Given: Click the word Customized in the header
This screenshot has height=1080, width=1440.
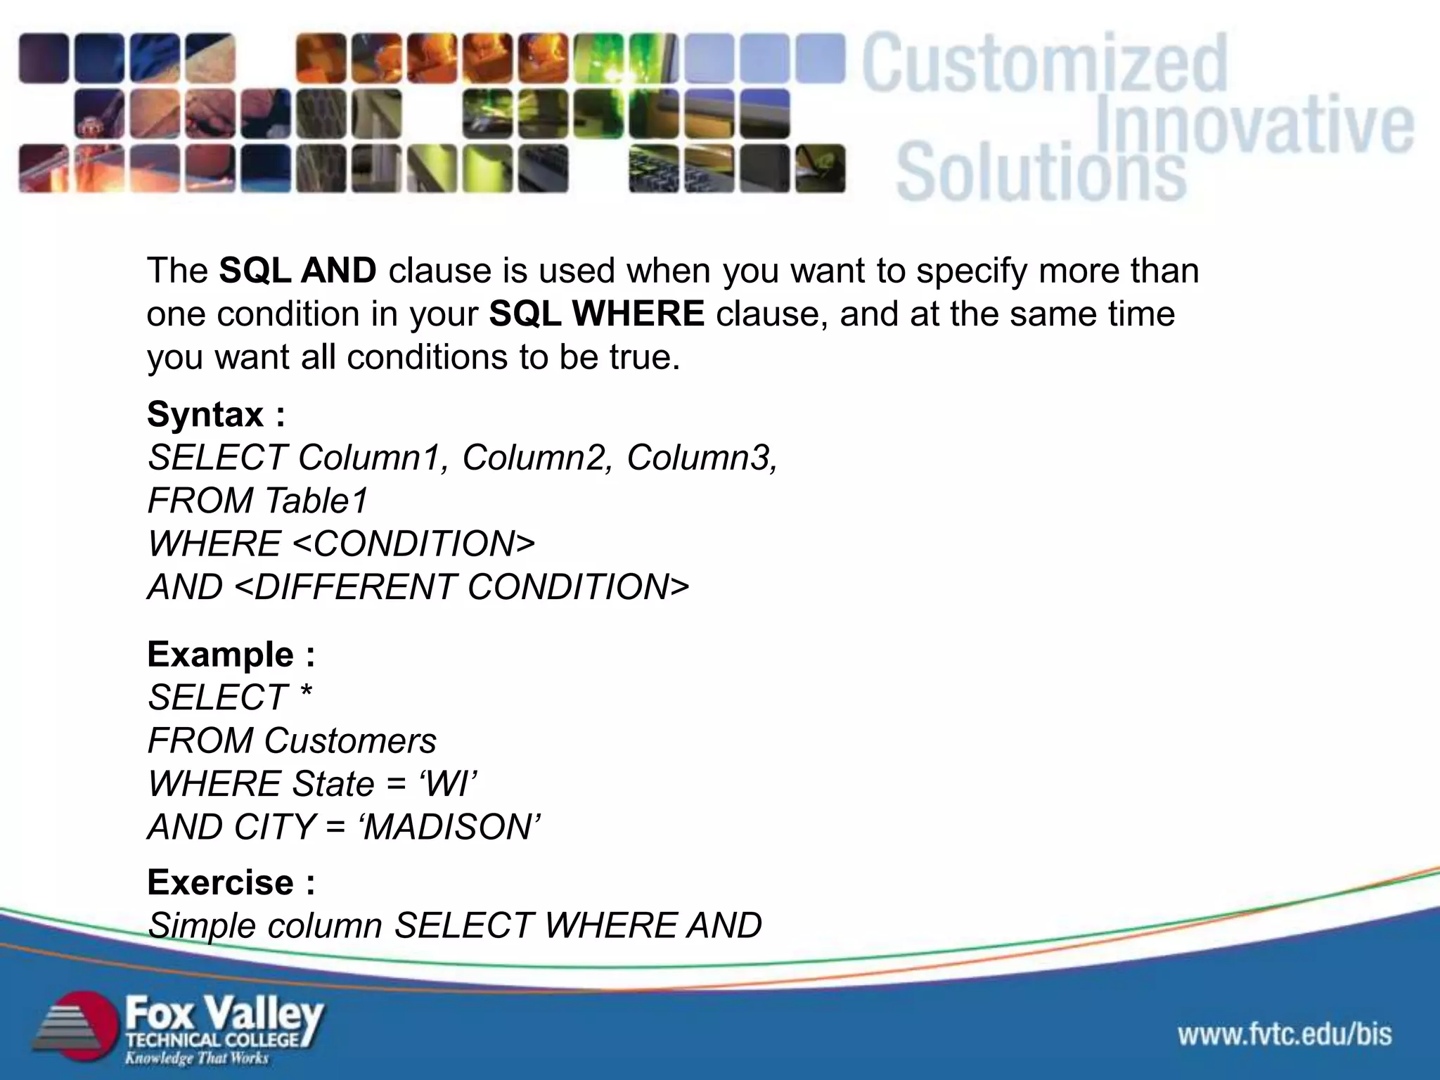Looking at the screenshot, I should [x=1044, y=65].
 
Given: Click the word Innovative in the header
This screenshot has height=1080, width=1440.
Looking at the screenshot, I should [x=1255, y=127].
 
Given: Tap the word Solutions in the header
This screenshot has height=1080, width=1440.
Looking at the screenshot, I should [x=1041, y=172].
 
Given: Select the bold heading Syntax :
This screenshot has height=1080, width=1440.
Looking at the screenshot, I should [x=216, y=414].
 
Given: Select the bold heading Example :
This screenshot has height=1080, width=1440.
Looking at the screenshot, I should [x=231, y=655].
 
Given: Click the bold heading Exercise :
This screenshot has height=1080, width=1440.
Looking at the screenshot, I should [x=231, y=882].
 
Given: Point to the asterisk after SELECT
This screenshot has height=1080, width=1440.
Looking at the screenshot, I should [x=305, y=695].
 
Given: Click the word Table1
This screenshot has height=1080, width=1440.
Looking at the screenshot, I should [x=316, y=501].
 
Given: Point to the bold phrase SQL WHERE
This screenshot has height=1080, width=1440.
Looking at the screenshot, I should [x=596, y=314].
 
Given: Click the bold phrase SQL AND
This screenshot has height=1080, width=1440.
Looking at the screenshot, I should [x=297, y=271].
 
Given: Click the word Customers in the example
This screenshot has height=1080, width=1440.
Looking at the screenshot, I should [x=350, y=741].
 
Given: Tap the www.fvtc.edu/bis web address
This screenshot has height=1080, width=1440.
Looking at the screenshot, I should [x=1285, y=1034].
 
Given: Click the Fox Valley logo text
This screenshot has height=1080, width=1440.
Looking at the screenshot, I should [x=224, y=1015].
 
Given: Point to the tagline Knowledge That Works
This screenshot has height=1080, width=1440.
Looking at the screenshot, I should [x=197, y=1058].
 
